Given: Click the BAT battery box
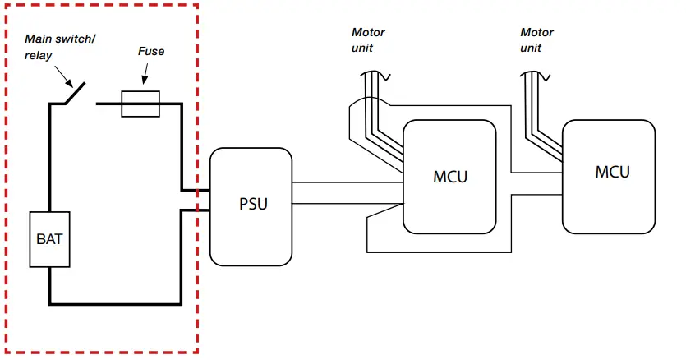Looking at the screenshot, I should click(49, 239).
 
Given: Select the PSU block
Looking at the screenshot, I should click(251, 205).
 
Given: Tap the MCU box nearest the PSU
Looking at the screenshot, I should click(449, 177).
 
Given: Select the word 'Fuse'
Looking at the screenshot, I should click(150, 51).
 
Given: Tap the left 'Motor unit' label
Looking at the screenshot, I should click(368, 40).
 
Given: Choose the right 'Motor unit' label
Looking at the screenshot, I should click(536, 40).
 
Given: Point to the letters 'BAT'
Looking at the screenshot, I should click(49, 240).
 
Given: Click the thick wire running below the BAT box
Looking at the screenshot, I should click(115, 302).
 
